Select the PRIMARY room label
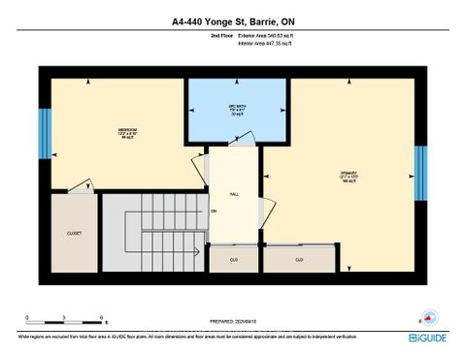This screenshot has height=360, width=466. [x=349, y=175]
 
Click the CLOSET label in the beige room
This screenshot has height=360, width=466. [x=74, y=234]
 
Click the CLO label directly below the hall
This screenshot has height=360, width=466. [x=234, y=259]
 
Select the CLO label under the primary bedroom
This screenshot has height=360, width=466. [x=299, y=259]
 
